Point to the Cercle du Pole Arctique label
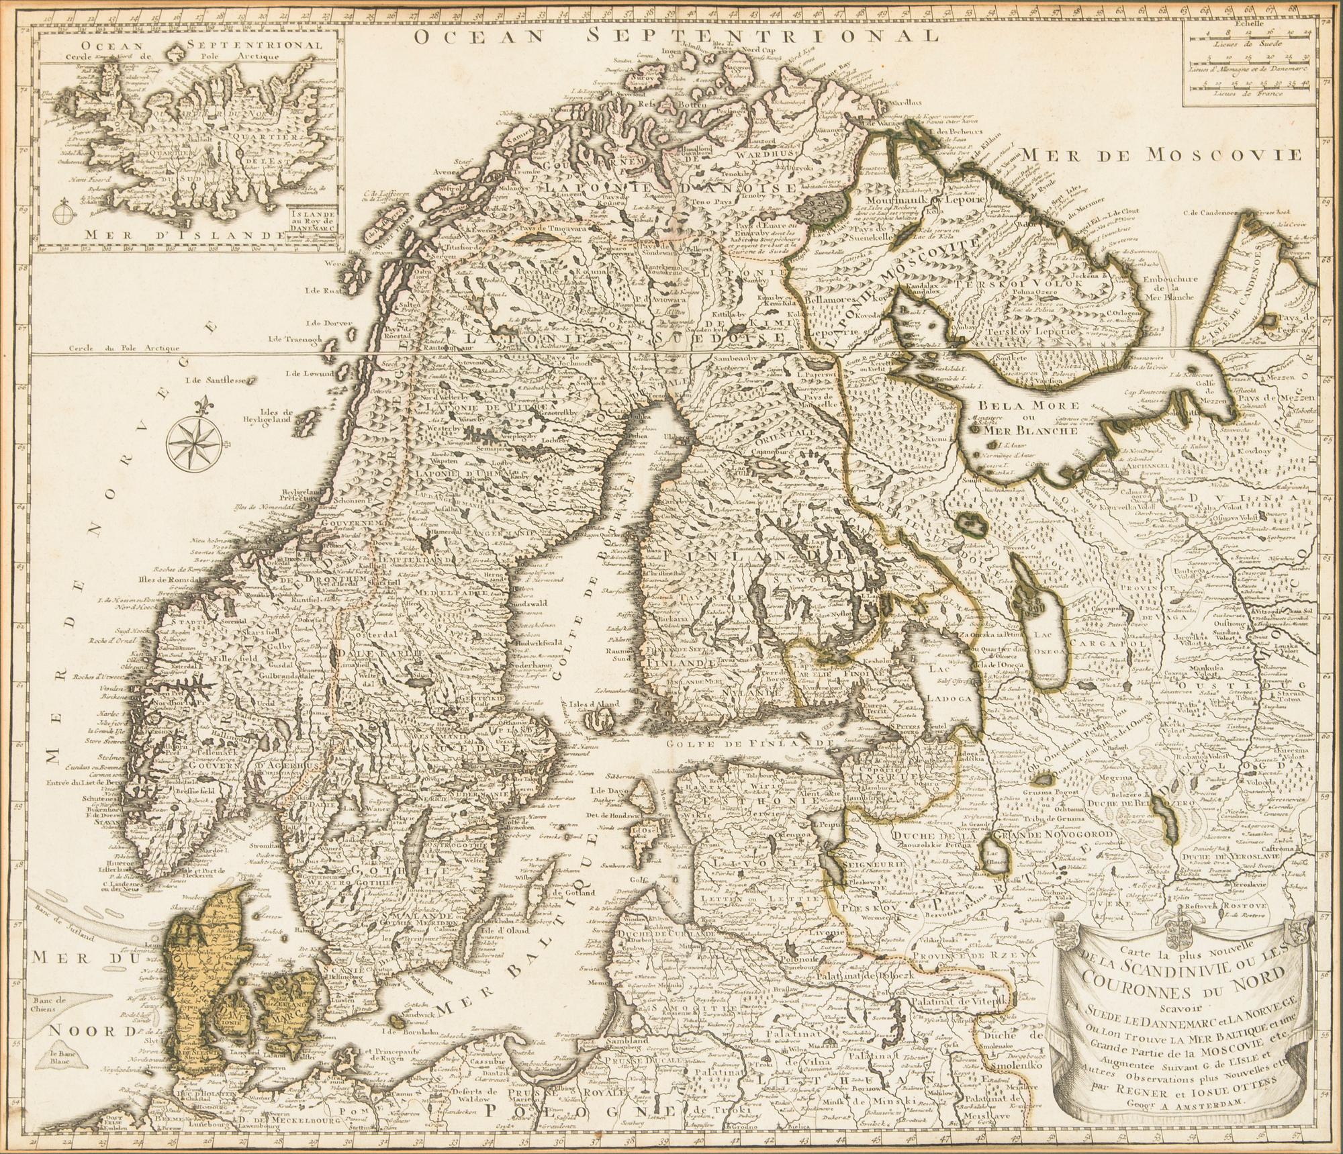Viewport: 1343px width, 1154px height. click(x=126, y=348)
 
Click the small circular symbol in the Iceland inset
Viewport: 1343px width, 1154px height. click(x=62, y=214)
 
